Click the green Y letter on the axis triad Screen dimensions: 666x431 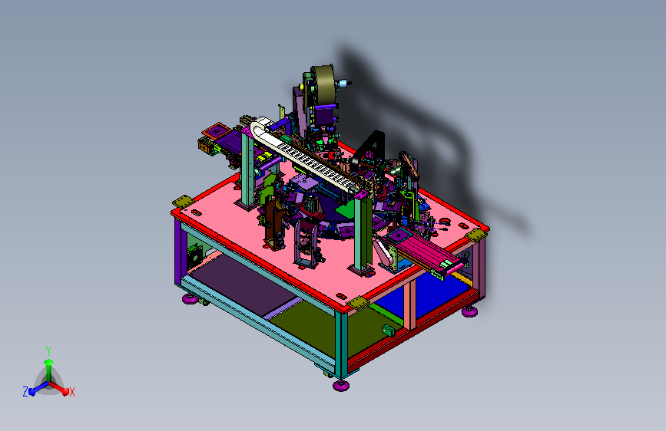tap(48, 350)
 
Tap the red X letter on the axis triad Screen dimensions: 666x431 tap(71, 392)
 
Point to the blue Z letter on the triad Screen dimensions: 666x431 tap(25, 392)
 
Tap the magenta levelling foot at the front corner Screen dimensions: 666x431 tap(341, 385)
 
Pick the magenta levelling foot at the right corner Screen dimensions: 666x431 tap(469, 312)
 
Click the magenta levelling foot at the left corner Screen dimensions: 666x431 tap(191, 299)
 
